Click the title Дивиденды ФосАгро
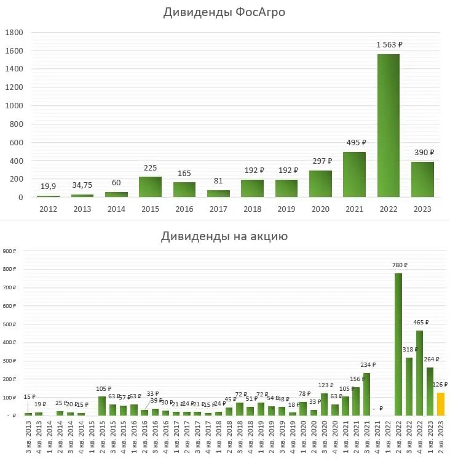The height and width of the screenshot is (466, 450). [224, 12]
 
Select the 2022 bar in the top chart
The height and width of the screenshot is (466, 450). [388, 126]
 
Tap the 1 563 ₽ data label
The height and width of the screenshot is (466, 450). [389, 45]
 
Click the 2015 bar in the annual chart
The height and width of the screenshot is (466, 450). [150, 187]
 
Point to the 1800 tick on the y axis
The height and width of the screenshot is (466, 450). [15, 32]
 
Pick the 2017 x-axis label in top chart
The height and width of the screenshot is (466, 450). [218, 209]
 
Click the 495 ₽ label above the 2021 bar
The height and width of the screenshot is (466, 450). [355, 143]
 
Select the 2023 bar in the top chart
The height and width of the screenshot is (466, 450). [422, 180]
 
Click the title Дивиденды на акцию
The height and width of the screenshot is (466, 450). [224, 236]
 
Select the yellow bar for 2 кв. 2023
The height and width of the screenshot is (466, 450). [440, 404]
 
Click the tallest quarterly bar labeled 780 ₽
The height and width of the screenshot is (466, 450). [398, 345]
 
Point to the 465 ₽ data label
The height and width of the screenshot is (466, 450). [420, 322]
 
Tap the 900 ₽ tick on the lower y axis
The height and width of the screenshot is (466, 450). [10, 251]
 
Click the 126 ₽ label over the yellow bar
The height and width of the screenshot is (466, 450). [441, 384]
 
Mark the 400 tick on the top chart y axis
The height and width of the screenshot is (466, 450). [17, 161]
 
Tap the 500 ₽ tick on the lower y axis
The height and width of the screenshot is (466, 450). [10, 324]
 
